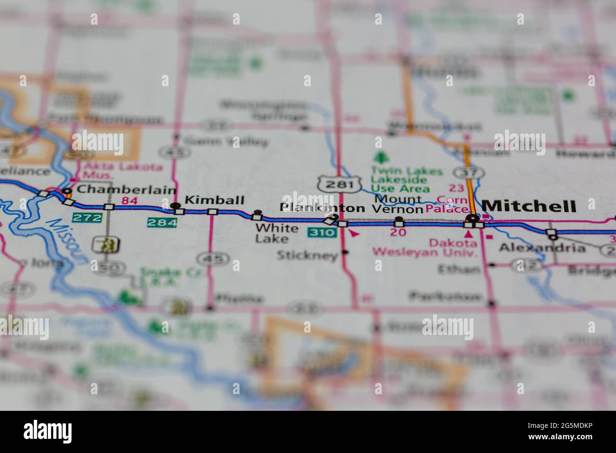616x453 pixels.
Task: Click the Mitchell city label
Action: (529, 206)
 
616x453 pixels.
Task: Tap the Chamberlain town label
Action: (126, 190)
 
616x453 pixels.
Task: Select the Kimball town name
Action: (214, 200)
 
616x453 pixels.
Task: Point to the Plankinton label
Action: (322, 208)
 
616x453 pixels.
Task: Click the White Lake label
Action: (277, 233)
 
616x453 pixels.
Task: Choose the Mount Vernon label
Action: (397, 204)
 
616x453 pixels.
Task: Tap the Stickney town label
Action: (307, 256)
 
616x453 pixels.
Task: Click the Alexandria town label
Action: (542, 247)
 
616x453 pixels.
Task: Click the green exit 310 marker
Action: (322, 233)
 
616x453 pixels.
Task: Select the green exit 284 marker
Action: (162, 222)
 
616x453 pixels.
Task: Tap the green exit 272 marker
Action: (87, 218)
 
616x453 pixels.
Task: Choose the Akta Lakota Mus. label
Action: (123, 171)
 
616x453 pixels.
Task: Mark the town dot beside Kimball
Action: (176, 206)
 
